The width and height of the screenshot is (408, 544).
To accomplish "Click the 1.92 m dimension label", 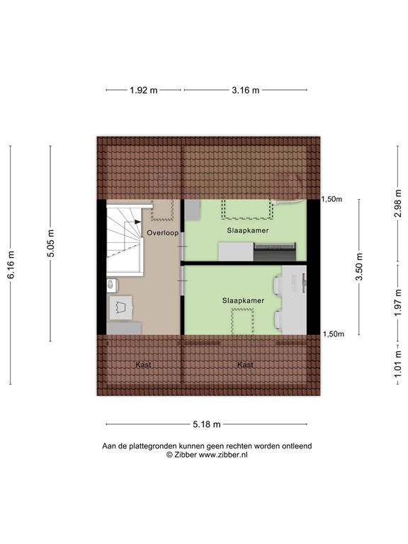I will [143, 90].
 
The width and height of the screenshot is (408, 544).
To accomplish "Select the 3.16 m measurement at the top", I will [246, 90].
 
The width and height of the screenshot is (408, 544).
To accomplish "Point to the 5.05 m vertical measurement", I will [51, 244].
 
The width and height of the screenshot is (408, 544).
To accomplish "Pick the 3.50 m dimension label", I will [359, 267].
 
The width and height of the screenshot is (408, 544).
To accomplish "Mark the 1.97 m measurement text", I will [398, 300].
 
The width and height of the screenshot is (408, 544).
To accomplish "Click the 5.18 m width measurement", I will [206, 424].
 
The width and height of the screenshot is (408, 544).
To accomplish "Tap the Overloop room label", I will [163, 232].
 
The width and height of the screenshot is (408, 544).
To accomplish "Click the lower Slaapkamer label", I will [243, 300].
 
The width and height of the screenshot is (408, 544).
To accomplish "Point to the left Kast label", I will [143, 365].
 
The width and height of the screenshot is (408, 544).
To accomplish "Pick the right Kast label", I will [245, 365].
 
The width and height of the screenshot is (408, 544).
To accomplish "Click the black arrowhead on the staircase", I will [129, 225].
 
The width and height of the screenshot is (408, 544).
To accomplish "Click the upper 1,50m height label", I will [332, 200].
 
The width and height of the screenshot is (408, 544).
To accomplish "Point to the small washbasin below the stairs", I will [111, 285].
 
